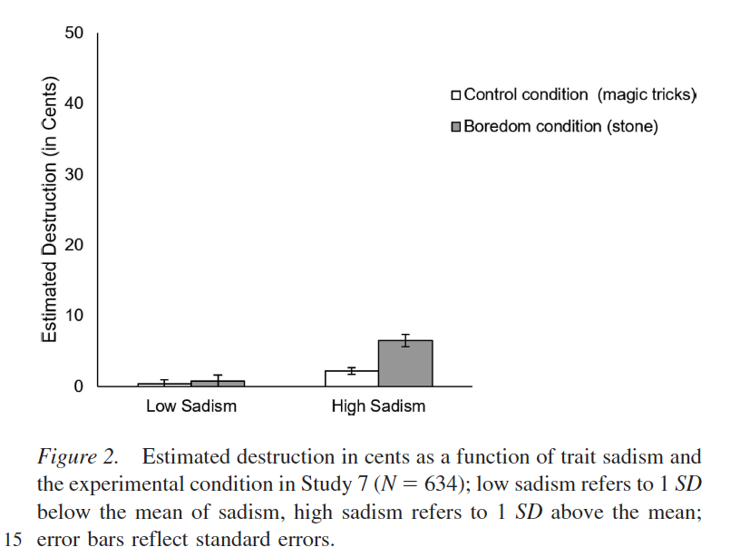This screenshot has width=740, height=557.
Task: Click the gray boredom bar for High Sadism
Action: coord(405,364)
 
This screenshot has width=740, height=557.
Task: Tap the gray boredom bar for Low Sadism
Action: coord(218,383)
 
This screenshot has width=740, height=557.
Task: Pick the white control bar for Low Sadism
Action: coord(164,385)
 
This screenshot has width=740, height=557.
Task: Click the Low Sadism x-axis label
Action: coord(191,406)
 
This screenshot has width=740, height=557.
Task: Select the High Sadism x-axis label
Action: coord(378,406)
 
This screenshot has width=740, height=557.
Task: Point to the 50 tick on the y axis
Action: coord(73,34)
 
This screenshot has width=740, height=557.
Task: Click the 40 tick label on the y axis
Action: coord(73,104)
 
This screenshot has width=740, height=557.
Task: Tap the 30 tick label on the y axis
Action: coord(73,175)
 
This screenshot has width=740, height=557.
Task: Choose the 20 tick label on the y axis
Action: coord(73,246)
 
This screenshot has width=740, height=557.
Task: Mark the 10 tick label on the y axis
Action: coord(73,316)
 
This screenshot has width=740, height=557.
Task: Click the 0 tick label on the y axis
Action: coord(78,386)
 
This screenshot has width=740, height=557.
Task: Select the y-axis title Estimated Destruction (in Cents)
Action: coord(51,210)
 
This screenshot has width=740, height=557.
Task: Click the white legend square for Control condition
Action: coord(456,95)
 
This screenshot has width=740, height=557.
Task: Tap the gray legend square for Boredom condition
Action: coord(456,126)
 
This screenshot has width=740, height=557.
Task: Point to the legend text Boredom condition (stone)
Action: coord(560,126)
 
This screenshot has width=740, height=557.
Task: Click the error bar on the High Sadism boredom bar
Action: coord(405,340)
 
